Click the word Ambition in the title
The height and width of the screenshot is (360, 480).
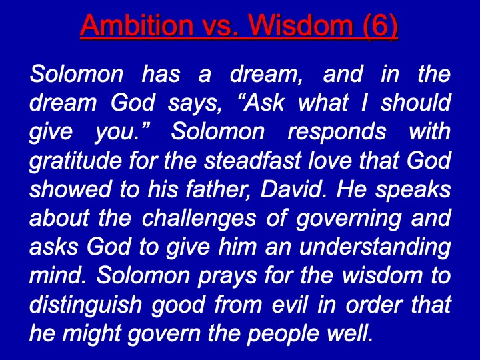(x=137, y=25)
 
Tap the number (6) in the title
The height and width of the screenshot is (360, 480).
(x=380, y=26)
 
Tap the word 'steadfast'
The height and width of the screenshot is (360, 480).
(x=253, y=160)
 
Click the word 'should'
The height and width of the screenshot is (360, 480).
(x=415, y=102)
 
